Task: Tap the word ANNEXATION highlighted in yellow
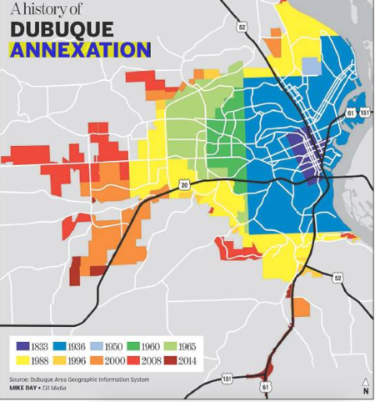pos(79,49)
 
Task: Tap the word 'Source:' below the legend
pos(22,379)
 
